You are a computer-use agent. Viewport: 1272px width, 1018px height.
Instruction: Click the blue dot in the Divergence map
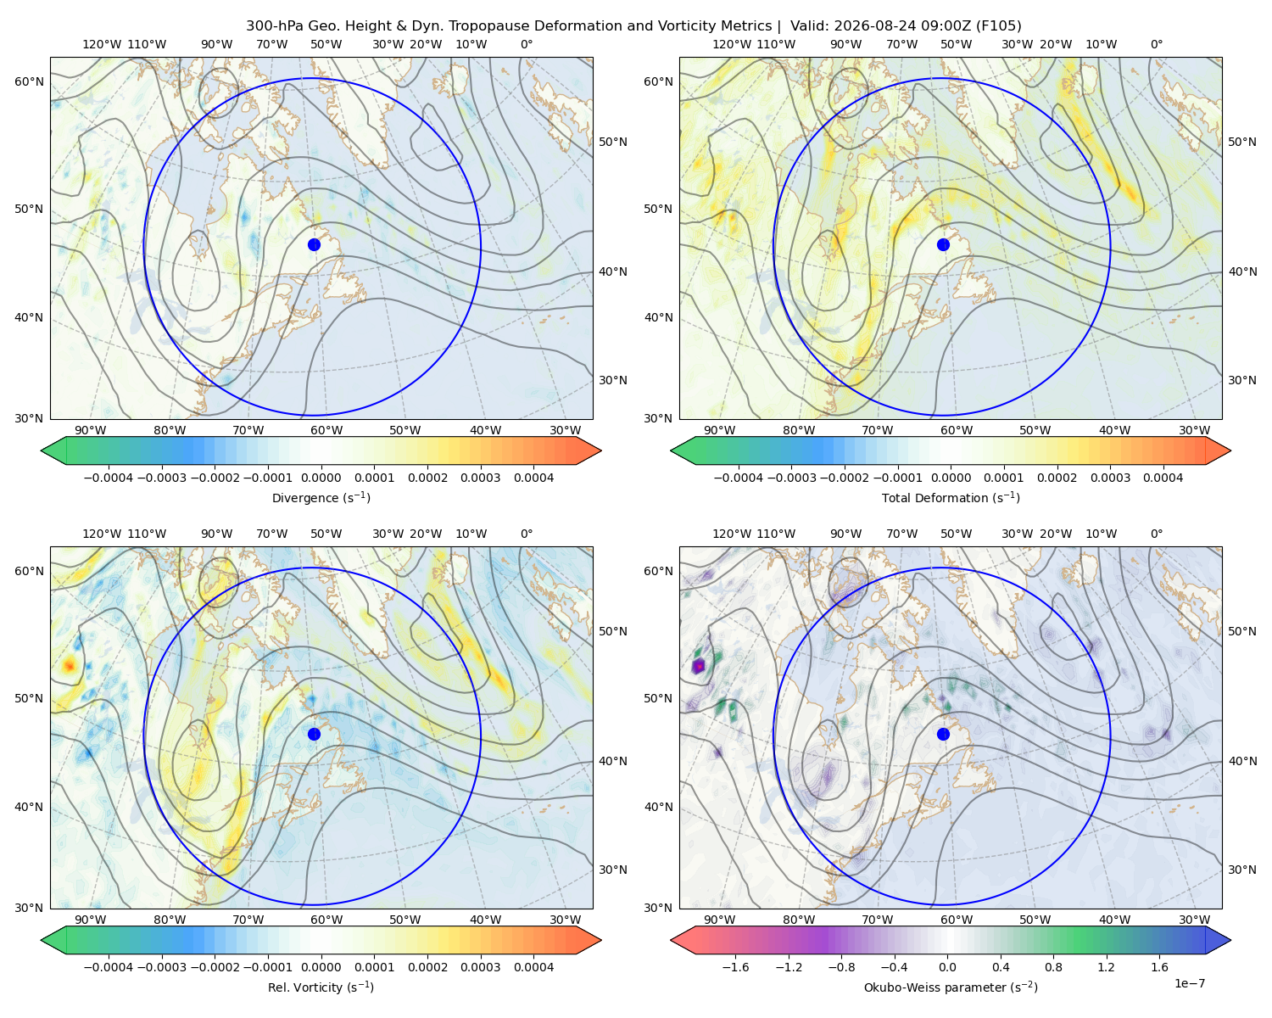click(314, 245)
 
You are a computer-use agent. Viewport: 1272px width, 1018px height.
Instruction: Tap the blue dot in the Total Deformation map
click(943, 245)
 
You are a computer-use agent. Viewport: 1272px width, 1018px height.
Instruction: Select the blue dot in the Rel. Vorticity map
click(314, 734)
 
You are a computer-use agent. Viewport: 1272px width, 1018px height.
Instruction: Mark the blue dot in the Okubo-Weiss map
click(943, 734)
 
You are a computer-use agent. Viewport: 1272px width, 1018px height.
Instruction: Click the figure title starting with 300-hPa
click(633, 26)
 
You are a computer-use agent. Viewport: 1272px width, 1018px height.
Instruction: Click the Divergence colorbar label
click(321, 498)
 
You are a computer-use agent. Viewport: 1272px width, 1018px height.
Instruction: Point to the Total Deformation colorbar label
click(951, 498)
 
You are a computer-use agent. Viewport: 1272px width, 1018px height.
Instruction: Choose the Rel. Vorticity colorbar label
click(321, 987)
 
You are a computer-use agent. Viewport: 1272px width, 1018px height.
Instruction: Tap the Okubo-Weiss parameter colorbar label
click(951, 987)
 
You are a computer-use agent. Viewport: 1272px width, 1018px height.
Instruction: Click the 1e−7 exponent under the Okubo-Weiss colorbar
click(1189, 983)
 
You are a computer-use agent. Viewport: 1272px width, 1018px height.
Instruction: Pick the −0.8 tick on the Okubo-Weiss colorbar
click(842, 967)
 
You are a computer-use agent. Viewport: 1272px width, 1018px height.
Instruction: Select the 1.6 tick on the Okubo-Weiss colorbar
click(1160, 967)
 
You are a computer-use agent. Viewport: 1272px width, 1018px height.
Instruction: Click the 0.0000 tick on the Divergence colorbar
click(321, 478)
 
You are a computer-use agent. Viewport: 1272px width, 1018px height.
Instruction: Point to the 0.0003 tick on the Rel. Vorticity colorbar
click(481, 967)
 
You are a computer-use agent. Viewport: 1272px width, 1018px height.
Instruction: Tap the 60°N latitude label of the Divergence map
click(29, 81)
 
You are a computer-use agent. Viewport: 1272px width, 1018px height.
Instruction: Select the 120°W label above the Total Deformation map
click(731, 44)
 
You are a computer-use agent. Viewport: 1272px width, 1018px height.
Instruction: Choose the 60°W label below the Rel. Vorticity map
click(326, 920)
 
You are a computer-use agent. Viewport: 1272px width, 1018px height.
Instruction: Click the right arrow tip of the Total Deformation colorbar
click(1230, 450)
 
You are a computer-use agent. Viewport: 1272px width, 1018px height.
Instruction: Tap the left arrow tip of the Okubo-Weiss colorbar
click(671, 940)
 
